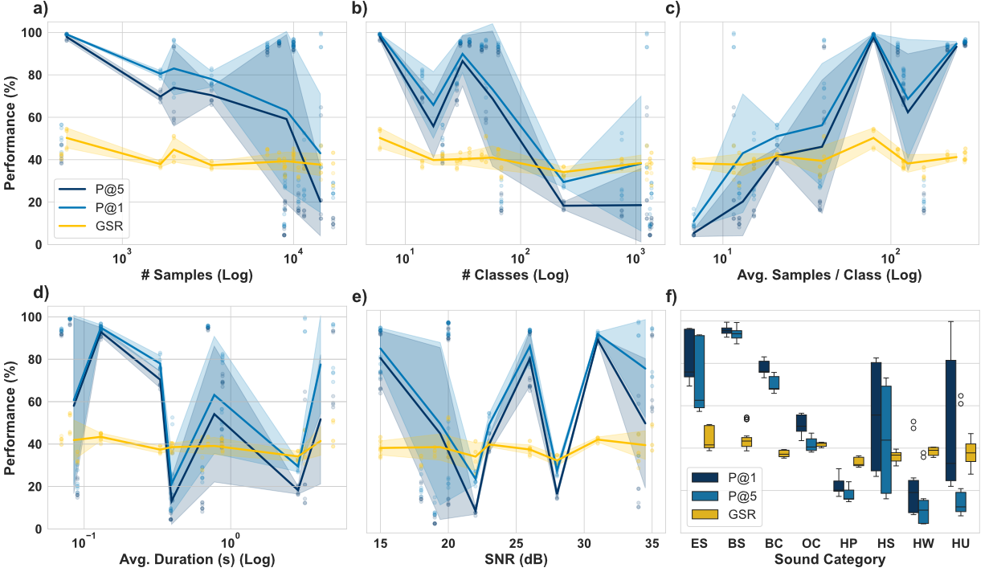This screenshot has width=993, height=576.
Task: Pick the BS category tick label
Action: pyautogui.click(x=735, y=544)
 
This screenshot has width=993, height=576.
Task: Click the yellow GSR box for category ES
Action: pyautogui.click(x=709, y=436)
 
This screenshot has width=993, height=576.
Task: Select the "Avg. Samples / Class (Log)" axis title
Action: pyautogui.click(x=827, y=275)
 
